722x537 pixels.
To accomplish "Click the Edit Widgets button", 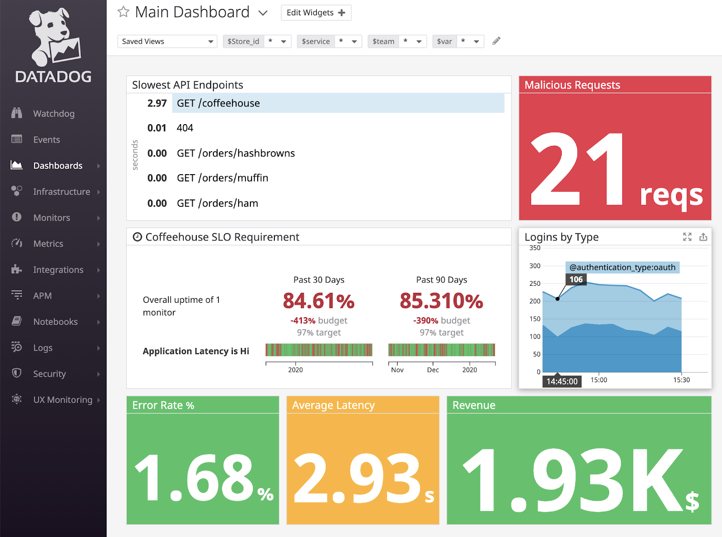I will (x=316, y=13).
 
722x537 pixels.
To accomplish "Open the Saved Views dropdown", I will (x=167, y=42).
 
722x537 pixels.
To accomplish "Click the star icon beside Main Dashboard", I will (x=123, y=12).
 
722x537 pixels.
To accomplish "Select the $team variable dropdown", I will (x=397, y=42).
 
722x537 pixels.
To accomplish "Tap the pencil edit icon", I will (x=496, y=41).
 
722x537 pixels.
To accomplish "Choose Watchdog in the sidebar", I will (x=54, y=114).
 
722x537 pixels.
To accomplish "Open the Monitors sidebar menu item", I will (x=51, y=218).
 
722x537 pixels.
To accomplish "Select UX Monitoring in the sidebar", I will (x=62, y=400).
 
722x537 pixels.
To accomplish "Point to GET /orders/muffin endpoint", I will (x=222, y=178).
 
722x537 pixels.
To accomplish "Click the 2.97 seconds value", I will (x=157, y=103).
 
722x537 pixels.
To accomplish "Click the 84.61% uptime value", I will (x=319, y=301).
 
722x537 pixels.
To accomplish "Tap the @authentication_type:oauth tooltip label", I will (x=622, y=267).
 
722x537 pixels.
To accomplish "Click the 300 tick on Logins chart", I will (x=535, y=266).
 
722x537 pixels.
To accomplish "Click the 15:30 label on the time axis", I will (x=681, y=380).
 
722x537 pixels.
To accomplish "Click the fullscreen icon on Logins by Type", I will (x=687, y=237).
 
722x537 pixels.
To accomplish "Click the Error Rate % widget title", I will (x=163, y=405).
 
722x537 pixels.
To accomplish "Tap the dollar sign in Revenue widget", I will (x=692, y=501).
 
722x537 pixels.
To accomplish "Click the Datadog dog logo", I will (x=54, y=36).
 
